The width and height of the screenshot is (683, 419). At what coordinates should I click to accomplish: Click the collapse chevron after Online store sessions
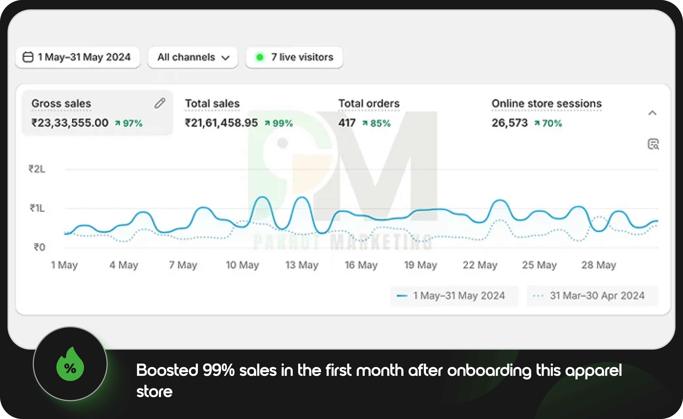click(652, 113)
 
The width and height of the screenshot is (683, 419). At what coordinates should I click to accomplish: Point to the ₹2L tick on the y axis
click(37, 169)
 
